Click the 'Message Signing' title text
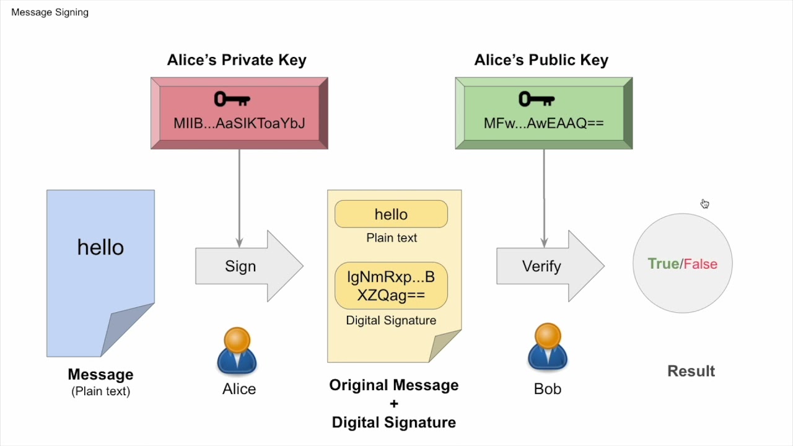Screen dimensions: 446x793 point(50,12)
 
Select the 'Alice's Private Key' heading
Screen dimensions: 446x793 point(237,60)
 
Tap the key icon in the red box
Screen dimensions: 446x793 point(232,99)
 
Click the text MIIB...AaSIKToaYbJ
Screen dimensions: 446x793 point(239,123)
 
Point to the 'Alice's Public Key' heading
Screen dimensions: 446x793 point(541,60)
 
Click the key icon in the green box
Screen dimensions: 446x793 point(536,99)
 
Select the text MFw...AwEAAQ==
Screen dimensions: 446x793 point(543,123)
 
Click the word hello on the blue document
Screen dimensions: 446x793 point(100,247)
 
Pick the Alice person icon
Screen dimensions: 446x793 point(237,351)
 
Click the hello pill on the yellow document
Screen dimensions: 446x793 point(391,214)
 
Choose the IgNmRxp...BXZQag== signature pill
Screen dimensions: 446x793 point(391,286)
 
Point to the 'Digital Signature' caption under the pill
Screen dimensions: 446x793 point(391,320)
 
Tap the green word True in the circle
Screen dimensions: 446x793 point(663,264)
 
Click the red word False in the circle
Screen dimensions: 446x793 point(701,264)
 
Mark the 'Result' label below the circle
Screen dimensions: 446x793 point(691,371)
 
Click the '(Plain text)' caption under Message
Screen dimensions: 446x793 point(100,391)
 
